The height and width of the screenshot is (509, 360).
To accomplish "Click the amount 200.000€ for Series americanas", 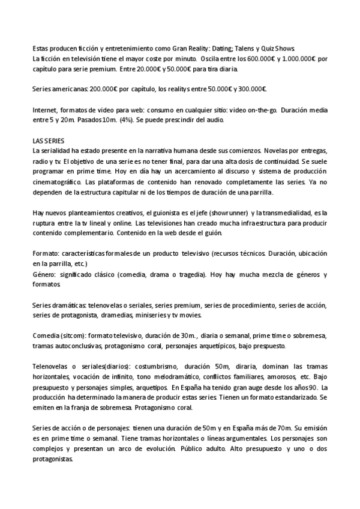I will (104, 89).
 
